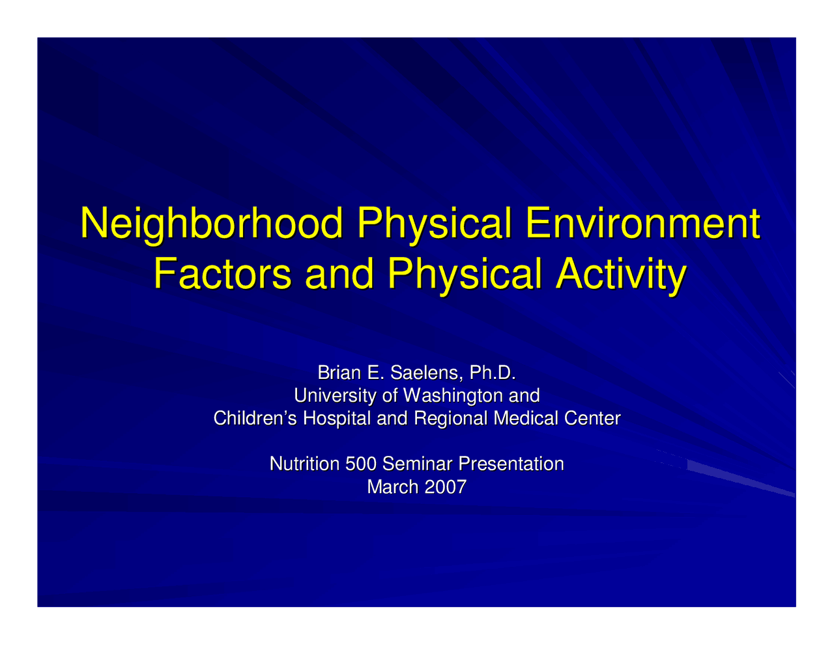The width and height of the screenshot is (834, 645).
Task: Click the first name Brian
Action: [339, 373]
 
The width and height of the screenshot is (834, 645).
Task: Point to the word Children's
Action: [255, 418]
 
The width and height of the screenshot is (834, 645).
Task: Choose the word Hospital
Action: [338, 418]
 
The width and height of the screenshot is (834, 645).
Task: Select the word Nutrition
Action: [304, 464]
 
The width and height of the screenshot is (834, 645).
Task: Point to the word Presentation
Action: [511, 464]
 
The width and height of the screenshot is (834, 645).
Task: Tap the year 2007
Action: [446, 487]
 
